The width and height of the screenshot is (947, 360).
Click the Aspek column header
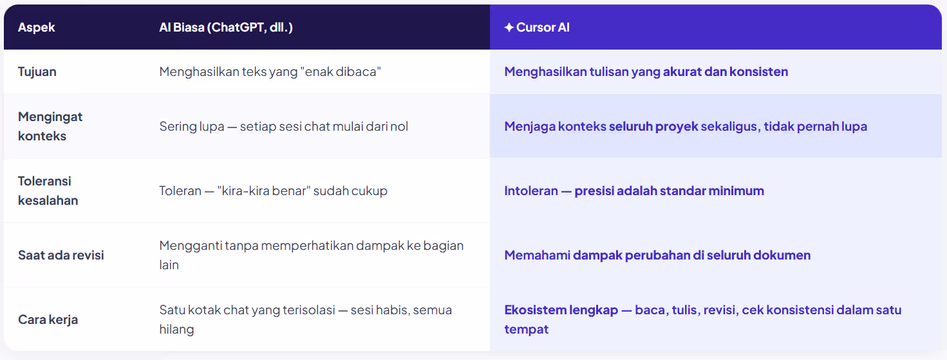click(37, 28)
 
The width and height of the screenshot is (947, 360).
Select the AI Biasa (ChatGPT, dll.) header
click(226, 28)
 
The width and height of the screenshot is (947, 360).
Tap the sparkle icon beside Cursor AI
click(509, 28)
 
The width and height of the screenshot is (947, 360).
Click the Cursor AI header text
click(543, 28)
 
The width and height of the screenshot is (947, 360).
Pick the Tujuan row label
click(37, 71)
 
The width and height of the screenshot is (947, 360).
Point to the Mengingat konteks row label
click(50, 126)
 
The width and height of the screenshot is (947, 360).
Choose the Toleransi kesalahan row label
click(48, 191)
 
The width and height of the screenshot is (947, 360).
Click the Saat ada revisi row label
click(61, 255)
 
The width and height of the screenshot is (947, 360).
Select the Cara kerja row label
click(48, 319)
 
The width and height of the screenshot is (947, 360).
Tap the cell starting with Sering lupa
click(284, 126)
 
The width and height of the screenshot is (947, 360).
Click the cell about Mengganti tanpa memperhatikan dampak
click(312, 255)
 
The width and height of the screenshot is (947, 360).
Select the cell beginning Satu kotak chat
click(306, 319)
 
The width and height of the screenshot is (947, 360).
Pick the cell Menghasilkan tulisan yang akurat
click(646, 71)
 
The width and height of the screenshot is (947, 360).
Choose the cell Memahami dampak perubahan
click(657, 255)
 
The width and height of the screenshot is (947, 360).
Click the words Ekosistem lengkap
click(559, 310)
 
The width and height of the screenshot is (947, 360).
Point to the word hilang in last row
click(176, 329)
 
